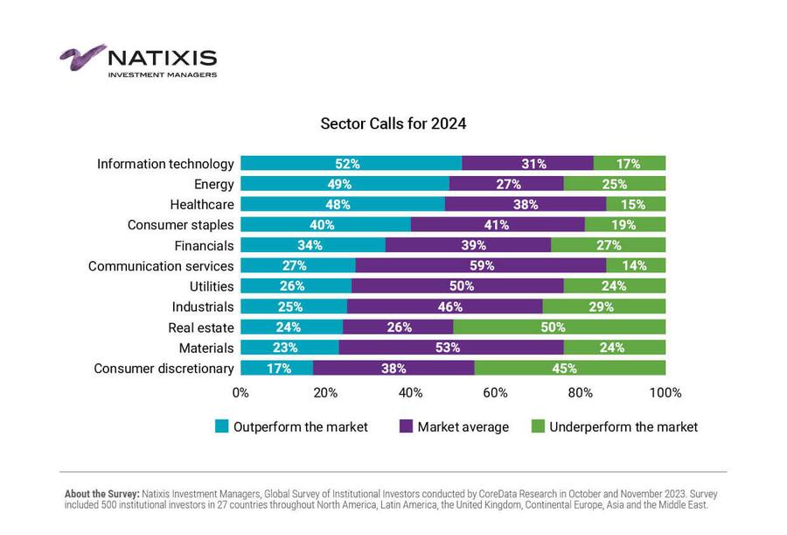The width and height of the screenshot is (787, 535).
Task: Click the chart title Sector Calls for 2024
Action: tap(393, 123)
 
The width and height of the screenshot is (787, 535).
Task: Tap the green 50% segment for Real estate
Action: tap(560, 327)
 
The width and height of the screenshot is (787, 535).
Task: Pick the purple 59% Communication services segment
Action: tap(481, 265)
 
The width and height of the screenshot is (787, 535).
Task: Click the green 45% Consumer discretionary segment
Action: tap(570, 368)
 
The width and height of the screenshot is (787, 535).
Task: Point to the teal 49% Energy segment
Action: tap(345, 184)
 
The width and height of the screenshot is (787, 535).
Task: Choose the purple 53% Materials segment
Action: tap(451, 348)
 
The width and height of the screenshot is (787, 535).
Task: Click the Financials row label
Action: tap(204, 245)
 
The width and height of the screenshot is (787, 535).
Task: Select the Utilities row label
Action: tap(211, 286)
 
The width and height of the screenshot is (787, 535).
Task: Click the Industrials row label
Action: tap(203, 306)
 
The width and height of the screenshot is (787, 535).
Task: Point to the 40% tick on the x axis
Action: tap(410, 392)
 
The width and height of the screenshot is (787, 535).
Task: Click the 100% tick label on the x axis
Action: tap(665, 392)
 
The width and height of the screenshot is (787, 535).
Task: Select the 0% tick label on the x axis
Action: tap(240, 392)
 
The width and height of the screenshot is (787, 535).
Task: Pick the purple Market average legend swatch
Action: tap(406, 427)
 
